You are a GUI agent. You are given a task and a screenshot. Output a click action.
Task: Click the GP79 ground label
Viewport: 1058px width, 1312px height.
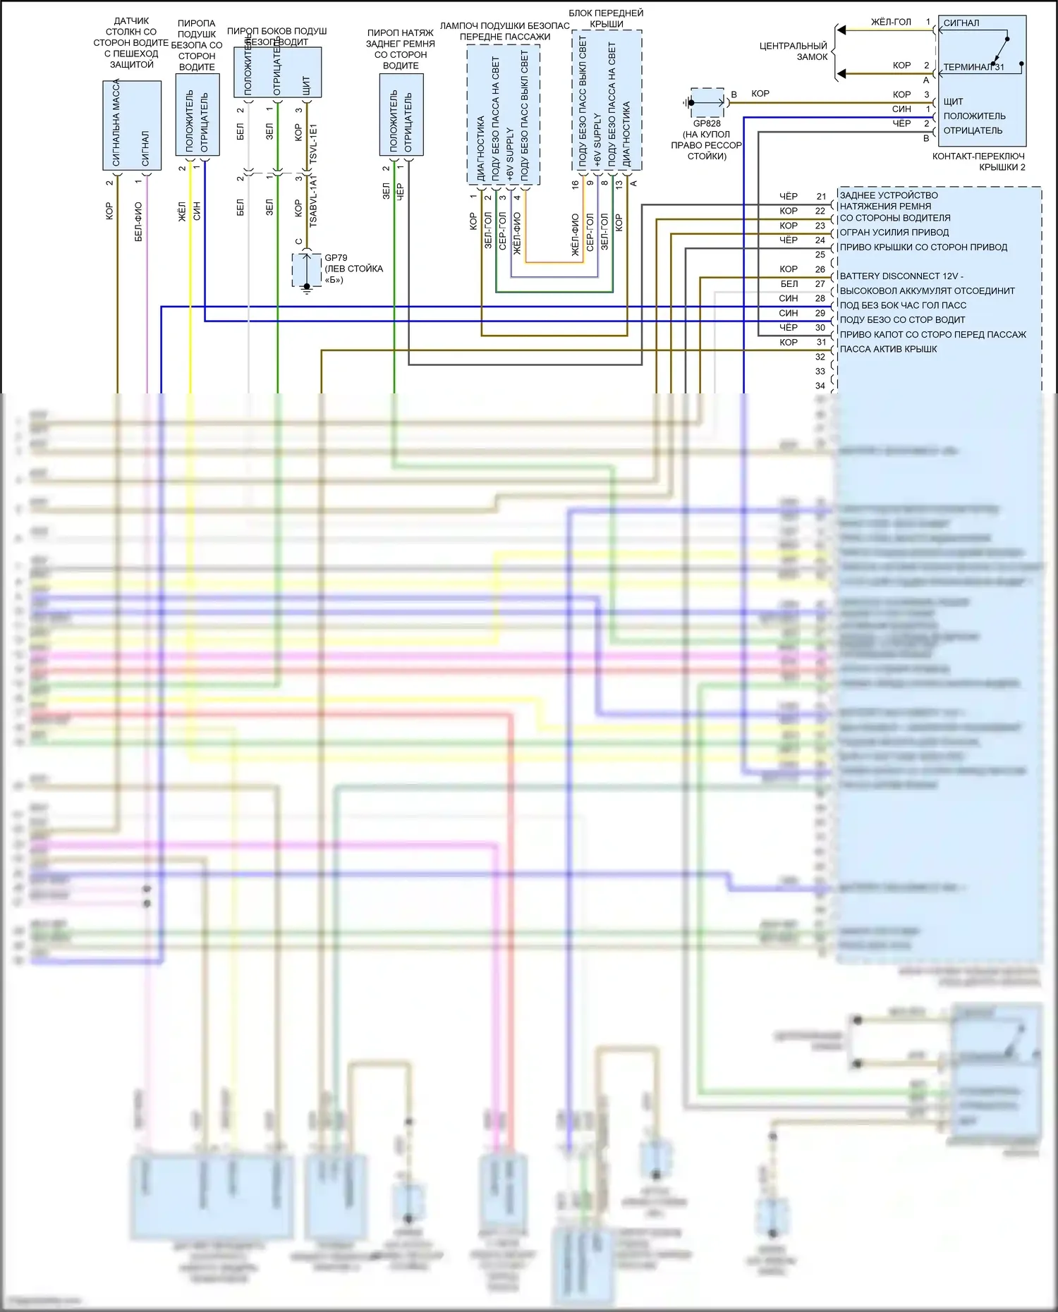click(x=336, y=258)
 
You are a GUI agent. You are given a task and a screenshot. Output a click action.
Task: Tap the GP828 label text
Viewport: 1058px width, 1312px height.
click(x=707, y=123)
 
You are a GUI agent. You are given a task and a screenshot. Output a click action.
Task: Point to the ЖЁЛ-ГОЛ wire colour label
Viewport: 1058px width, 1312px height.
click(x=891, y=23)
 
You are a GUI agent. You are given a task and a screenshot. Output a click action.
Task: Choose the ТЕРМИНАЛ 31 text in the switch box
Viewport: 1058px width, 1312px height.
click(x=973, y=68)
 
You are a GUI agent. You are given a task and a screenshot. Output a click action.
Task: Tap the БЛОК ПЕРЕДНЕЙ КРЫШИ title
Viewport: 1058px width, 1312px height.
click(x=606, y=18)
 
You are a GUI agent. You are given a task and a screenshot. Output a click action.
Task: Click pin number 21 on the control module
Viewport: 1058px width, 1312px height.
click(x=821, y=197)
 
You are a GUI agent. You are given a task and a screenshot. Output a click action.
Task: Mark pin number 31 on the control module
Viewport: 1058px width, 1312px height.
click(x=821, y=343)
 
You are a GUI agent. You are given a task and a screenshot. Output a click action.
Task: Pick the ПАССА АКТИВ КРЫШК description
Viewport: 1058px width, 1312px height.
click(x=888, y=349)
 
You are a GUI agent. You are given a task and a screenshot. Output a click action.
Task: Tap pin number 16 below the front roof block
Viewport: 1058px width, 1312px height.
click(x=575, y=184)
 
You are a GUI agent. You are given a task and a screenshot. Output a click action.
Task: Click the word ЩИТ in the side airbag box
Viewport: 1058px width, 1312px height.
click(x=306, y=86)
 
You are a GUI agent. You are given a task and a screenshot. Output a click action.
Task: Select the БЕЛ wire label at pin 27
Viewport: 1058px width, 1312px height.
click(x=789, y=284)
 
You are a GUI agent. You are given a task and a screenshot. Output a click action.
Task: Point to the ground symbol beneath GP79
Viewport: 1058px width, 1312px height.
click(x=307, y=288)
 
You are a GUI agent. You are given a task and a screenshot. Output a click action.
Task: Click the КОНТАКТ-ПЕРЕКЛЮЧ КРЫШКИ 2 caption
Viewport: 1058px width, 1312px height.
click(x=978, y=161)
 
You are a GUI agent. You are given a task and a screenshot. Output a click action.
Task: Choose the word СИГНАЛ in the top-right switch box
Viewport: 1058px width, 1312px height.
click(x=961, y=23)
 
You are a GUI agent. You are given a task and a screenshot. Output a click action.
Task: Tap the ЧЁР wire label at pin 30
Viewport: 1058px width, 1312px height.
click(x=789, y=328)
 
